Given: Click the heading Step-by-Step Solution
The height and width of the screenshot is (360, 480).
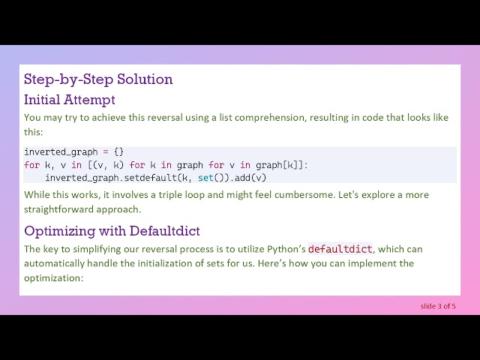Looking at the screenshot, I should point(98,79).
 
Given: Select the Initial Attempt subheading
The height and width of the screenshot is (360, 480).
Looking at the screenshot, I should point(70,99).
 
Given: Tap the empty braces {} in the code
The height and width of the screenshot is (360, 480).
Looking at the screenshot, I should point(118,151).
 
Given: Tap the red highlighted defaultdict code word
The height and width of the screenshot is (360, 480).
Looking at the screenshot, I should point(340,249).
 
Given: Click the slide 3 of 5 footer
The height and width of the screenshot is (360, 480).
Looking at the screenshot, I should point(438,305).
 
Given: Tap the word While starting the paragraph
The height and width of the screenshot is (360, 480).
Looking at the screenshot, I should point(36,195).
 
